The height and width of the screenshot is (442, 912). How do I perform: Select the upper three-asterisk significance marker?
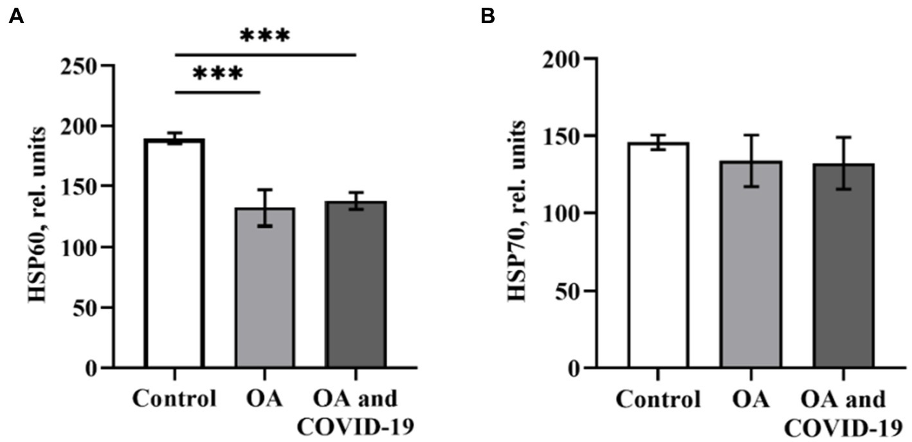(x=265, y=35)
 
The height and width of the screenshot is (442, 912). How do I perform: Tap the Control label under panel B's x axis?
(x=658, y=400)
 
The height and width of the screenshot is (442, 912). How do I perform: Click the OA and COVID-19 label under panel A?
(x=356, y=412)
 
